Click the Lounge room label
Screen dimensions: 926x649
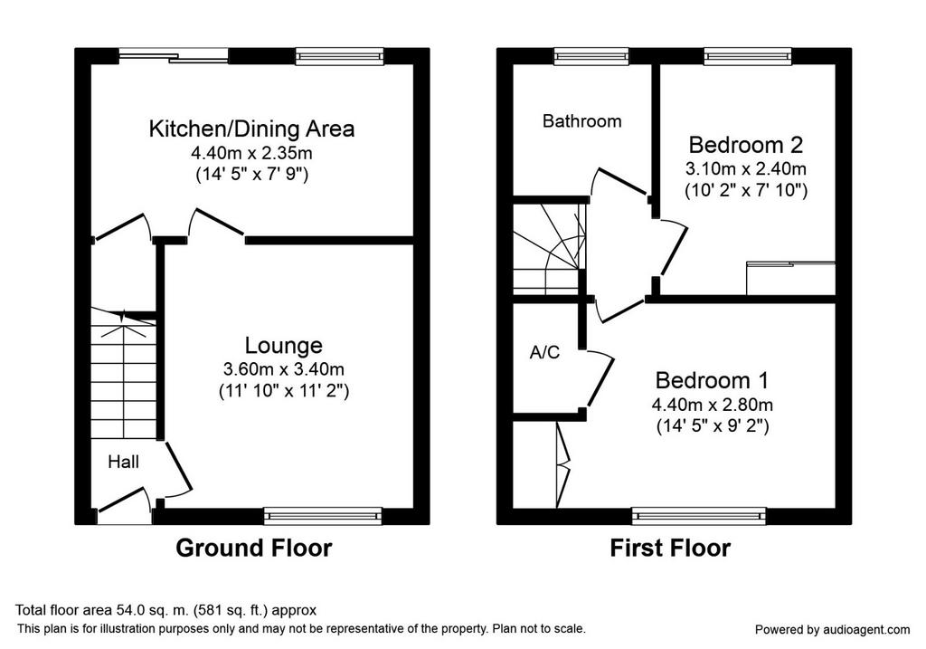[x=283, y=345]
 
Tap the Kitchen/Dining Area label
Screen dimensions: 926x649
[x=251, y=129]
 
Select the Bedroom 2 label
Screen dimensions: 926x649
[x=746, y=145]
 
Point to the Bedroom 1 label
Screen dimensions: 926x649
[x=713, y=380]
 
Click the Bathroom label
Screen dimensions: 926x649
[x=581, y=121]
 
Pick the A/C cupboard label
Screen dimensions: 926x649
[x=544, y=352]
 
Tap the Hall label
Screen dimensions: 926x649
[x=123, y=462]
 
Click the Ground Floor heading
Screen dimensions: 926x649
[x=254, y=548]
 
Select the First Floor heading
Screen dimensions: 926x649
[x=670, y=548]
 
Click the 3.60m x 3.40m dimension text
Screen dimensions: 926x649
[x=283, y=369]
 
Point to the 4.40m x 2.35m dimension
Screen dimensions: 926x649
[x=251, y=153]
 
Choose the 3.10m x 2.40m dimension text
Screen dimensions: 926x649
[x=746, y=168]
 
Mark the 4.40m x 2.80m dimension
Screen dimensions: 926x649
[x=713, y=405]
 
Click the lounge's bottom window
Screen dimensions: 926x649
[x=323, y=516]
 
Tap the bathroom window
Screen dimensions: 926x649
[x=591, y=56]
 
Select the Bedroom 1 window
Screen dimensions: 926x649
[x=699, y=516]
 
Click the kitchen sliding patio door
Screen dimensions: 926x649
[x=174, y=56]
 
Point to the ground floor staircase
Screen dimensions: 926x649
[x=123, y=374]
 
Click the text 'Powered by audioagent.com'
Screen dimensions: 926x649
[x=833, y=629]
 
